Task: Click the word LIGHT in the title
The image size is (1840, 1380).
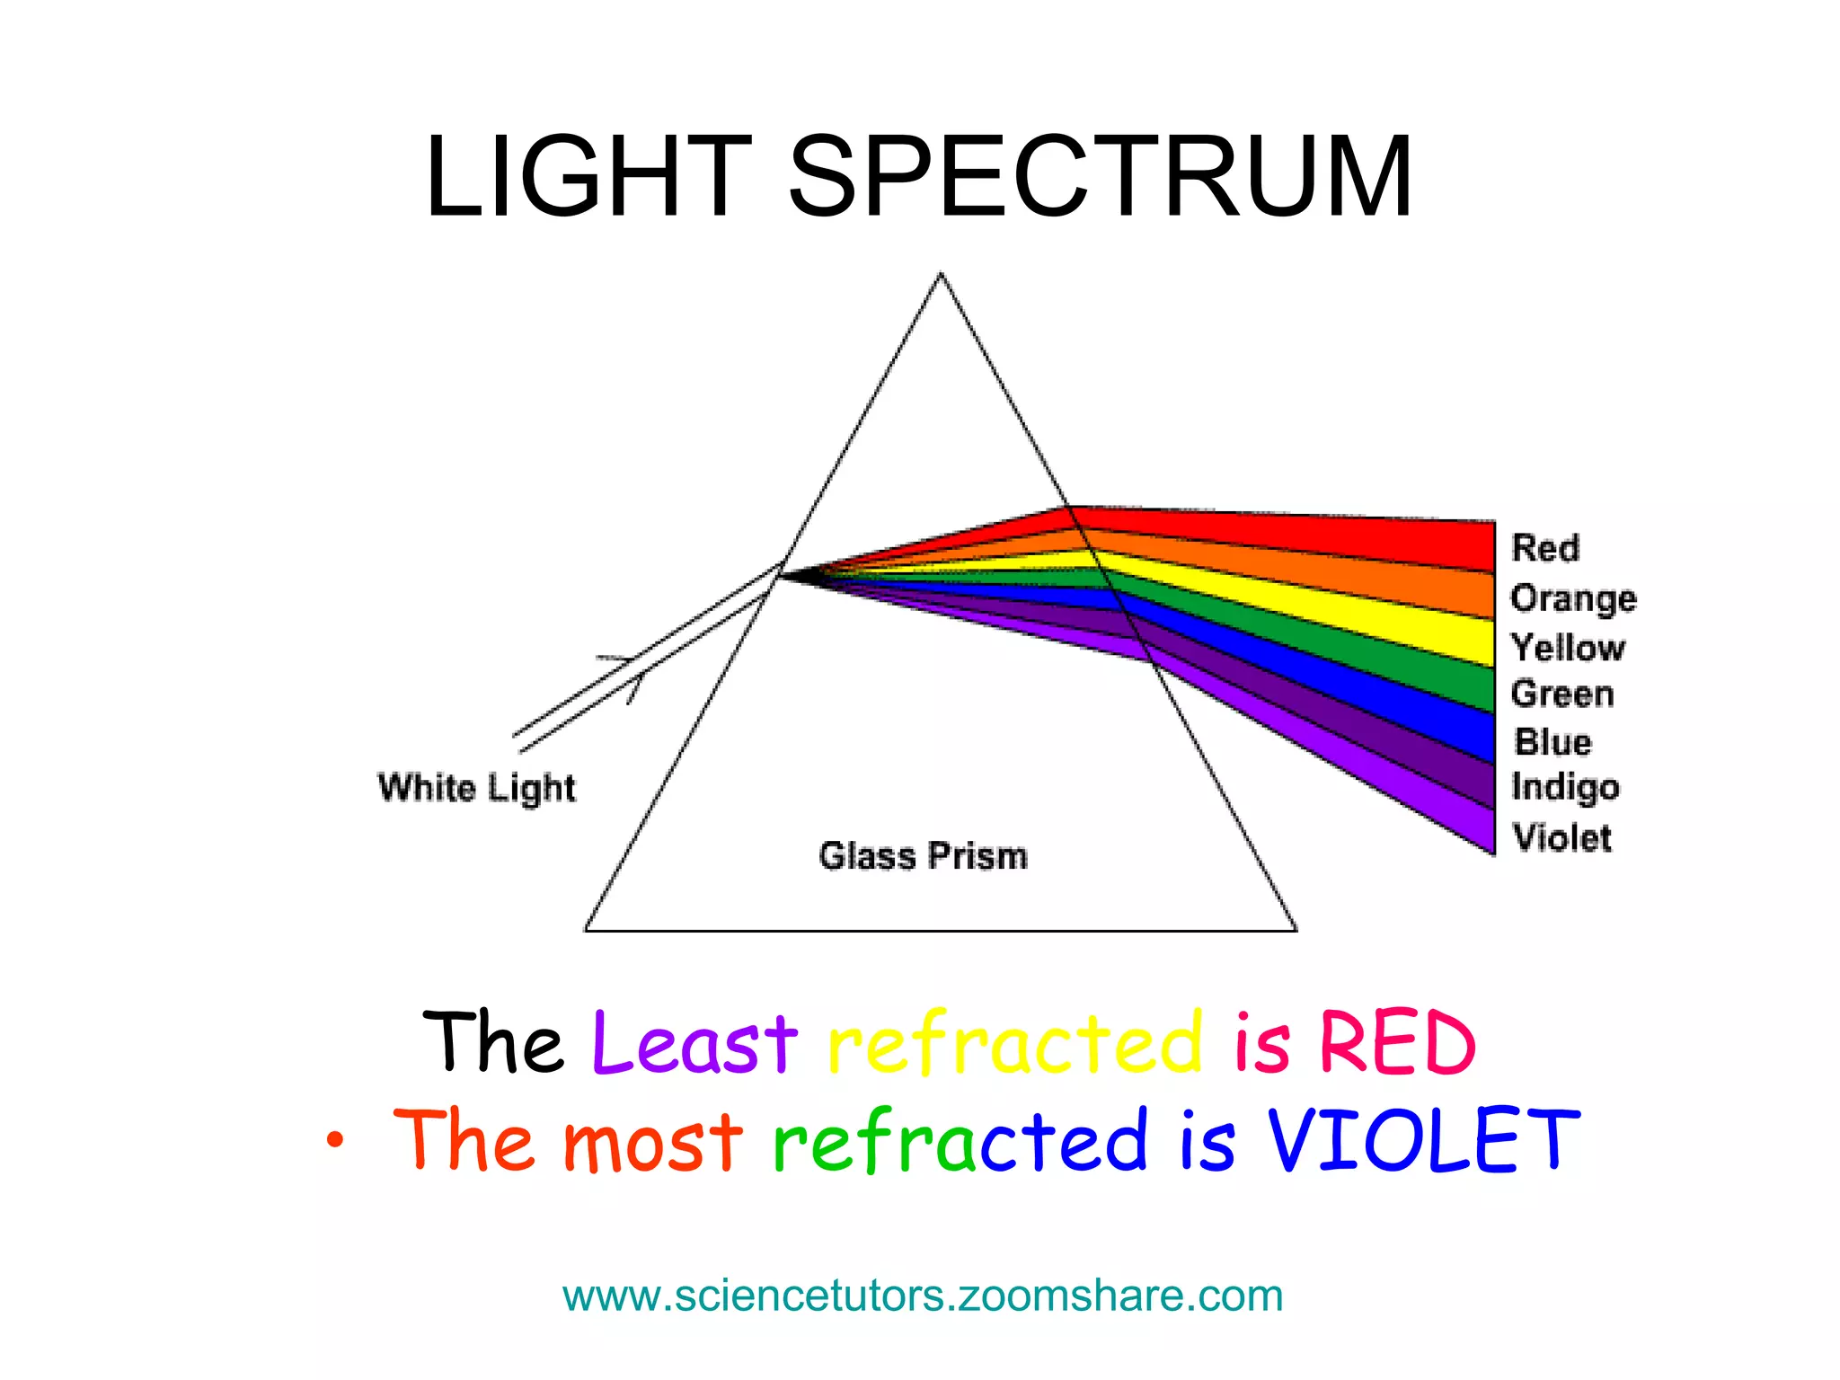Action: (588, 176)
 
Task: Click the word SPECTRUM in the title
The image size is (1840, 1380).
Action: (1100, 176)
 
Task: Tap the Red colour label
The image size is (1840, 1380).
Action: (1544, 548)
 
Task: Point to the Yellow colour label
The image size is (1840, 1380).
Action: (1568, 648)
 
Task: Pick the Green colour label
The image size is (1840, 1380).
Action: (1562, 694)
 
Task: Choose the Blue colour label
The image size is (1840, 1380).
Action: (1552, 742)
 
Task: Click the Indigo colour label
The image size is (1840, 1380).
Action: (1565, 787)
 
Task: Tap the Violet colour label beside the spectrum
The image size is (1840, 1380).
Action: (1562, 837)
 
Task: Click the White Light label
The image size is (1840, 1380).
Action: (476, 788)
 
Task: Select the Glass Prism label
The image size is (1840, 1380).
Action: (923, 855)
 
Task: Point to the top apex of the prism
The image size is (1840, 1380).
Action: (941, 273)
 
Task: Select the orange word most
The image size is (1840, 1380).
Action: (652, 1141)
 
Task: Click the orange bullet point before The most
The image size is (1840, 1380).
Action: (335, 1141)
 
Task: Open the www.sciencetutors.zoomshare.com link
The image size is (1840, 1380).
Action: (923, 1296)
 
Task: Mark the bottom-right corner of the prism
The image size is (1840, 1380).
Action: (1296, 931)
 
